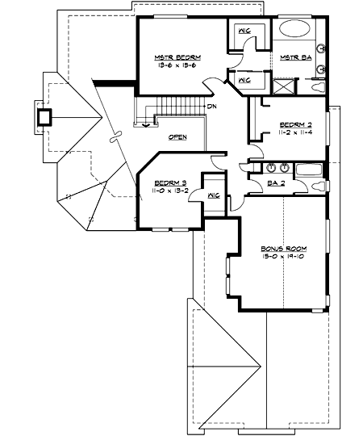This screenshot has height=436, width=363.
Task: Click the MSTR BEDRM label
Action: pos(177,57)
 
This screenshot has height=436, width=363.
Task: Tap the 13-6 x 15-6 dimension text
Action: pos(177,66)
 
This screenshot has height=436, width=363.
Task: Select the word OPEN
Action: pos(177,136)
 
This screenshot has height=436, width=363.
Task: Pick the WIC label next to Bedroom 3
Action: pos(214,195)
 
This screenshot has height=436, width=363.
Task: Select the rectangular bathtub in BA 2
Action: pos(310,169)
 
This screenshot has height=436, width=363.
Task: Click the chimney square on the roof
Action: pos(44,115)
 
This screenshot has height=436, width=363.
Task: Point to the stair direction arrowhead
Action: pos(146,124)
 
